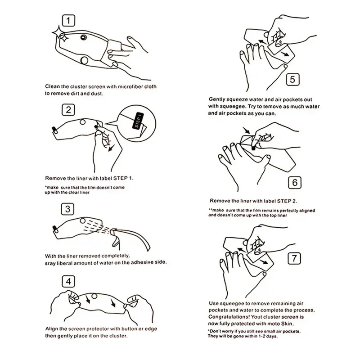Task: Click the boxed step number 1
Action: (68, 21)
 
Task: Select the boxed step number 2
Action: (68, 110)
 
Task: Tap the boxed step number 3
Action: (67, 209)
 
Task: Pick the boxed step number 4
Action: (68, 281)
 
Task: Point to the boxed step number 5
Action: (293, 80)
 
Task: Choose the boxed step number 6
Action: (295, 183)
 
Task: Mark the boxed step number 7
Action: (294, 258)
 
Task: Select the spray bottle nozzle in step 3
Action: (114, 231)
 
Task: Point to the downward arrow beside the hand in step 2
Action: (112, 148)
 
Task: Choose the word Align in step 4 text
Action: (51, 329)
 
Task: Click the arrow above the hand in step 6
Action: (247, 130)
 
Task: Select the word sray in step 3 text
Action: (50, 263)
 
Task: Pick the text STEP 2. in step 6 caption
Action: (287, 201)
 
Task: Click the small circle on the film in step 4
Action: (94, 296)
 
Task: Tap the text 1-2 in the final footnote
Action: (262, 336)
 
